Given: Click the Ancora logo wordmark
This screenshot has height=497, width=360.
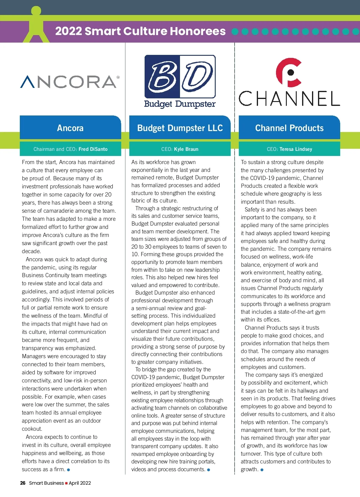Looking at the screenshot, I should pyautogui.click(x=68, y=82).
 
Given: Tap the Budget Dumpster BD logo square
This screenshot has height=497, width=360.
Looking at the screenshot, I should pyautogui.click(x=180, y=76).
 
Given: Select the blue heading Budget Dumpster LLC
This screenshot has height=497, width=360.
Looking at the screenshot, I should pyautogui.click(x=180, y=128).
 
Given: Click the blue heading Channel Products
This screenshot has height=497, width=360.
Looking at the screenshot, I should pyautogui.click(x=289, y=128).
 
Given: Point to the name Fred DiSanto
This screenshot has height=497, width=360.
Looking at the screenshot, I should pyautogui.click(x=93, y=149).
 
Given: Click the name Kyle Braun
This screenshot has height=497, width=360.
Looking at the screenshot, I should pyautogui.click(x=186, y=149).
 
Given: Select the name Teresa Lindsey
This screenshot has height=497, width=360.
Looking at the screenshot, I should pyautogui.click(x=296, y=149).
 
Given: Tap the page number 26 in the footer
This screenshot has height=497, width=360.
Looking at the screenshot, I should pyautogui.click(x=23, y=483).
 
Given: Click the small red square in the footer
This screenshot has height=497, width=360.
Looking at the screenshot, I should pyautogui.click(x=66, y=483).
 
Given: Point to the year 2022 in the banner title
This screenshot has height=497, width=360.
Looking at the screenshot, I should pyautogui.click(x=68, y=31).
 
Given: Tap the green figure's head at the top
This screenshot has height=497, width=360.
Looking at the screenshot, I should pyautogui.click(x=36, y=10).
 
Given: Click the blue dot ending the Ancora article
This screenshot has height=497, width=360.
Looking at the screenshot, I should pyautogui.click(x=69, y=470).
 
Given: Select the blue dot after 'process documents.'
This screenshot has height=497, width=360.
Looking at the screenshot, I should pyautogui.click(x=208, y=470).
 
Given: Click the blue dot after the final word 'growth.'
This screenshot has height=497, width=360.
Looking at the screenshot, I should pyautogui.click(x=262, y=470).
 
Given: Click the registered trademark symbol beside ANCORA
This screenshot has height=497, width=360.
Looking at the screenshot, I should pyautogui.click(x=118, y=77).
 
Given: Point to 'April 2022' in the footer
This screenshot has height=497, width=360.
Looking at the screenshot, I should pyautogui.click(x=80, y=483).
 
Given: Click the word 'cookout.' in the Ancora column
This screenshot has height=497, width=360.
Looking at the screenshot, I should pyautogui.click(x=32, y=429).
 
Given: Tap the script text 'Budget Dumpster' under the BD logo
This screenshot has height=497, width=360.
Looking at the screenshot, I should pyautogui.click(x=180, y=104).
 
